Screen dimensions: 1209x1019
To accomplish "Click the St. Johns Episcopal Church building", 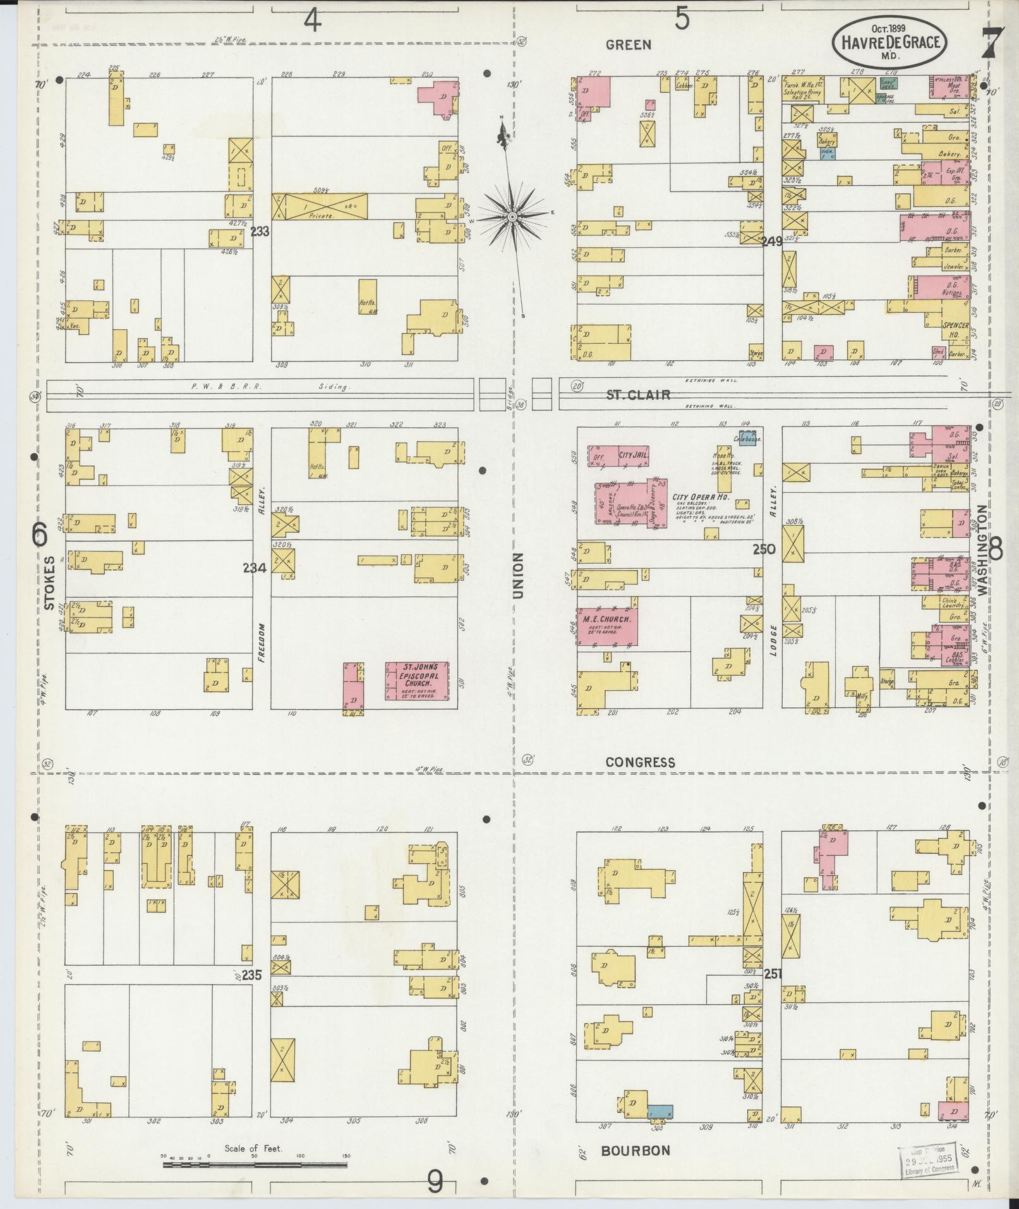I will (418, 681).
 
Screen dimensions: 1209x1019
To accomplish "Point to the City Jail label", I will (634, 453).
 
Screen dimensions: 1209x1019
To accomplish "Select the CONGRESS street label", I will (640, 763).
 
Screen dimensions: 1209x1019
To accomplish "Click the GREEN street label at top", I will (628, 44).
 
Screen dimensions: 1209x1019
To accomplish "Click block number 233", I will (260, 232).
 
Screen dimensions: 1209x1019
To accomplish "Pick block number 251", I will (772, 974).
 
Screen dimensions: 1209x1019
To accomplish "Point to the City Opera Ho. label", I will (701, 498).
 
